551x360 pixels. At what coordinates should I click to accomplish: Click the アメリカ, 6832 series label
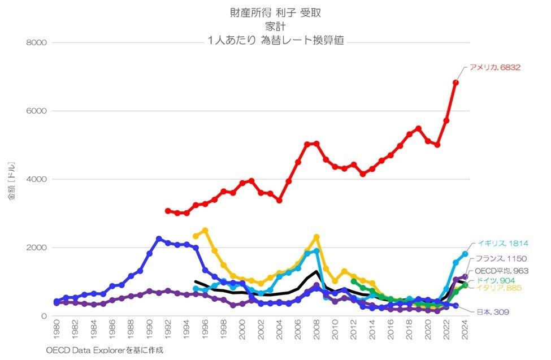(494, 67)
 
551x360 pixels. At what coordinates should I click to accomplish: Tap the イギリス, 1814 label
(502, 244)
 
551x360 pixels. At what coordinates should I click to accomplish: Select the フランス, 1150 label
(502, 259)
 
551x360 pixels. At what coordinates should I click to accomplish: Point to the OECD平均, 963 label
(502, 271)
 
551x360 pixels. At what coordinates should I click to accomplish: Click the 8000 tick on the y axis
(37, 42)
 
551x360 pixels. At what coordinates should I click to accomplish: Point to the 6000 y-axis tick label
(37, 111)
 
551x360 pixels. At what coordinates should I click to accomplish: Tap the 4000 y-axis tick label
(37, 179)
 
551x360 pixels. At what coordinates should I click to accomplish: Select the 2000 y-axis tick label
(37, 248)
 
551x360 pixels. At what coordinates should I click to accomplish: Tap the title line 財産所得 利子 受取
(276, 12)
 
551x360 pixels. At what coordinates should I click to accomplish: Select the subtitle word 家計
(276, 26)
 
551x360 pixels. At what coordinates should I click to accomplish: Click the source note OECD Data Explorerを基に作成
(105, 350)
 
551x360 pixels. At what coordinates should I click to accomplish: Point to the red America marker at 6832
(455, 83)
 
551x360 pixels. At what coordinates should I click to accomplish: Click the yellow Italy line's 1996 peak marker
(205, 231)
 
